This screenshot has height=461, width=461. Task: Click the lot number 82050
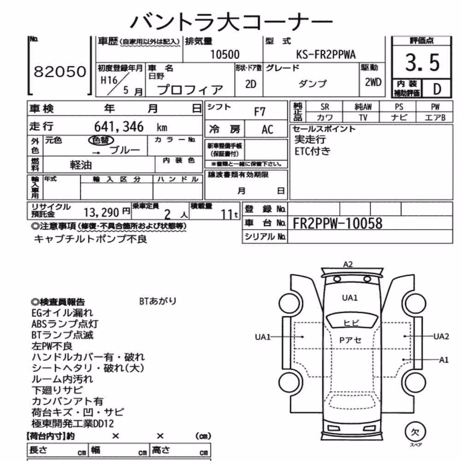[60, 71]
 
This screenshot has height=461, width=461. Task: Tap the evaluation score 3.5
[422, 63]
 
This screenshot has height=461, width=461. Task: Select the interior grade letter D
[437, 89]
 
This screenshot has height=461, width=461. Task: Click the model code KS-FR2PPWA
[326, 54]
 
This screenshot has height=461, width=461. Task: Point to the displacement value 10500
[225, 54]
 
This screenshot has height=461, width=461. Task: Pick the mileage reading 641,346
[119, 127]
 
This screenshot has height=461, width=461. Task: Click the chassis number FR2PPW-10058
[337, 223]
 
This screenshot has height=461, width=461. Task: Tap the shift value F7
[260, 112]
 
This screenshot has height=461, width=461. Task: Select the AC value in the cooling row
[267, 130]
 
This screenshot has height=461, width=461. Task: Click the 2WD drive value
[373, 82]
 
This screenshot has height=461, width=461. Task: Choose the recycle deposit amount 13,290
[101, 212]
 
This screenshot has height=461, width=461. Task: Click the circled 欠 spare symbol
[415, 432]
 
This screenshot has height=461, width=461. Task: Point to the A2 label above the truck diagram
[348, 264]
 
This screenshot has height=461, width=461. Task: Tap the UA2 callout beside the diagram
[441, 337]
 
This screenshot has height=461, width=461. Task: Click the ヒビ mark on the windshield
[351, 323]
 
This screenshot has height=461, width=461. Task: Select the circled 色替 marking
[101, 140]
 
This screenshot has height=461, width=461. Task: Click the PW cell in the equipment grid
[435, 107]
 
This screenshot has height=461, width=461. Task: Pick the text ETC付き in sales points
[313, 151]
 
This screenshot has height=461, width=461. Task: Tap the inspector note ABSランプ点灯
[65, 324]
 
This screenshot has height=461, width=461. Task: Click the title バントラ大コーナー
[231, 21]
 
